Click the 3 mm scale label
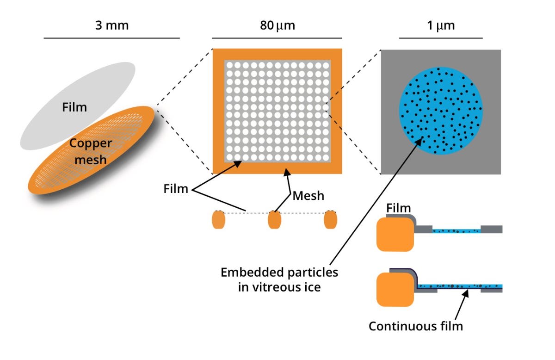pos(111,25)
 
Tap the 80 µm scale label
pos(277,25)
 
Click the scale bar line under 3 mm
pos(111,38)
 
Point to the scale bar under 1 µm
pos(440,38)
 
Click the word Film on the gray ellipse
pos(74,108)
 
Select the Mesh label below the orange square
pos(308,196)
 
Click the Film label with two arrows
pos(176,189)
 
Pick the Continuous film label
pos(415,326)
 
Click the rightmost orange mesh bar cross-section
pos(330,220)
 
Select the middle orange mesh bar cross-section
pos(275,220)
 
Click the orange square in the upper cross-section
pos(395,234)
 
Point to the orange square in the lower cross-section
pos(395,289)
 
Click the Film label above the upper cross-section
pos(399,209)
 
